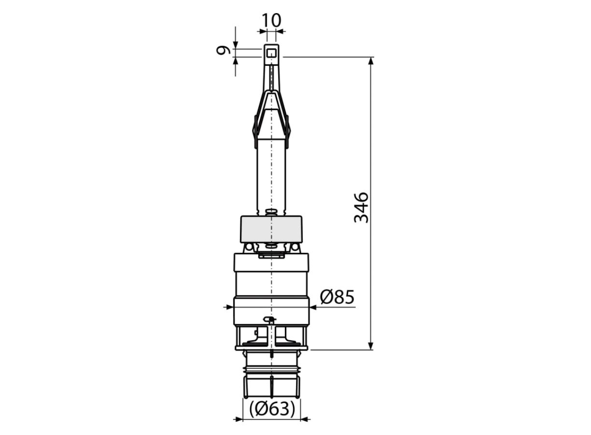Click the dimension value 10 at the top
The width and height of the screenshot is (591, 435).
tap(271, 20)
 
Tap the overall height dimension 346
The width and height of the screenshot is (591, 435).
tap(361, 208)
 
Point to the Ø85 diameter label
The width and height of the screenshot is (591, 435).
tap(337, 297)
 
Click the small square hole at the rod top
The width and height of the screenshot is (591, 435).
tap(271, 54)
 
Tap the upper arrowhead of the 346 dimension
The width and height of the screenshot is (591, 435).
tap(371, 60)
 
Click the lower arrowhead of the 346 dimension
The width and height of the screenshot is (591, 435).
tap(371, 346)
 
